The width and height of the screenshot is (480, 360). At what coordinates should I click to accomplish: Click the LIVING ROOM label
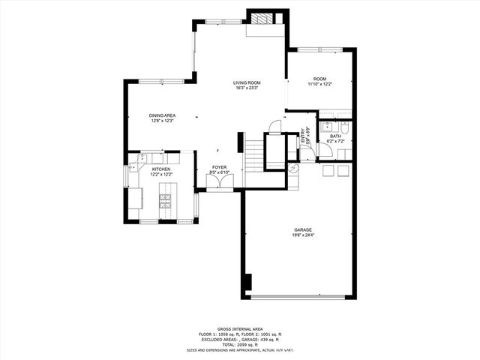pos(247,82)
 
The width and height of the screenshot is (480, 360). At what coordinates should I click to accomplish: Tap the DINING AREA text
pos(163,115)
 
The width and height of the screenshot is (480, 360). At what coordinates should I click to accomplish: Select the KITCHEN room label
pos(161,169)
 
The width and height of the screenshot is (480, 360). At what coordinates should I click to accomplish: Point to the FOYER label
pos(219,168)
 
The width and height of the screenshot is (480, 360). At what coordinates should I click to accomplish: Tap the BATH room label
pos(335,136)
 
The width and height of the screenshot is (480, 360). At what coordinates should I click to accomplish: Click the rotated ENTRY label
pos(304,136)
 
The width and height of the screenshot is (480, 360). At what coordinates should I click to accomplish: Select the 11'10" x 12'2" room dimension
pos(320,84)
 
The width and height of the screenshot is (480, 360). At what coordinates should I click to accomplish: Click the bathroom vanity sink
pos(328,127)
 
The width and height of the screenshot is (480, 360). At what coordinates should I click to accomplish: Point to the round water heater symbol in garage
pos(293,169)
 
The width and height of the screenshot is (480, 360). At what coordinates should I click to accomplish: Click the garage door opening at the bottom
pos(302,298)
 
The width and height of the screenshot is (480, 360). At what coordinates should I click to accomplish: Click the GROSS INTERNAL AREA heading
pos(239,328)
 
